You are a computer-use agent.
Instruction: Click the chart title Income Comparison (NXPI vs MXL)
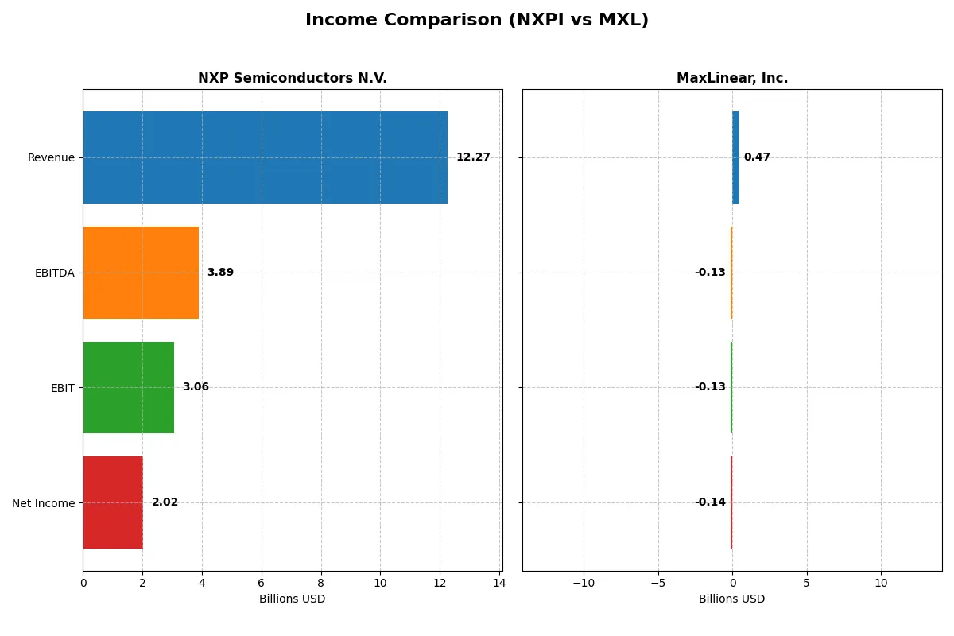[x=477, y=21]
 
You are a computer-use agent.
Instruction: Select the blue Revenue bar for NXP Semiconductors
[x=265, y=157]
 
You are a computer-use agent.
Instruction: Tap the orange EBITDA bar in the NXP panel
[x=141, y=273]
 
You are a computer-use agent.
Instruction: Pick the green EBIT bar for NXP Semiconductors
[x=128, y=387]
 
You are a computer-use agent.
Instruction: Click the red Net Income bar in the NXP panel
[x=113, y=502]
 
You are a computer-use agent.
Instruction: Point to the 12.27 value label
[x=473, y=157]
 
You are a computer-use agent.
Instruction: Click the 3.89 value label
[x=220, y=273]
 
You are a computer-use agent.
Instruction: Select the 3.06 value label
[x=196, y=387]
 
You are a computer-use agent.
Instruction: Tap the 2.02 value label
[x=165, y=502]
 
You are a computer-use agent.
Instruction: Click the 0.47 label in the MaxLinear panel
[x=757, y=157]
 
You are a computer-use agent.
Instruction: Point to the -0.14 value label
[x=710, y=502]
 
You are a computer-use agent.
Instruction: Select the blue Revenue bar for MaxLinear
[x=736, y=157]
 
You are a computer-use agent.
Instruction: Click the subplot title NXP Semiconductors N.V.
[x=293, y=79]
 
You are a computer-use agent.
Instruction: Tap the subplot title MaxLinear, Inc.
[x=732, y=79]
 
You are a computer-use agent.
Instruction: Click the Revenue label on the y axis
[x=51, y=157]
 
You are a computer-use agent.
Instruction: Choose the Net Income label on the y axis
[x=44, y=503]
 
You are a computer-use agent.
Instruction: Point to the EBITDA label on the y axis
[x=55, y=273]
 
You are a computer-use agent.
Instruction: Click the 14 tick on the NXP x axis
[x=498, y=583]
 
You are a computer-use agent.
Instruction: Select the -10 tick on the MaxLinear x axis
[x=583, y=583]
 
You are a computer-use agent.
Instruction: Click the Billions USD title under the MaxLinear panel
[x=732, y=599]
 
